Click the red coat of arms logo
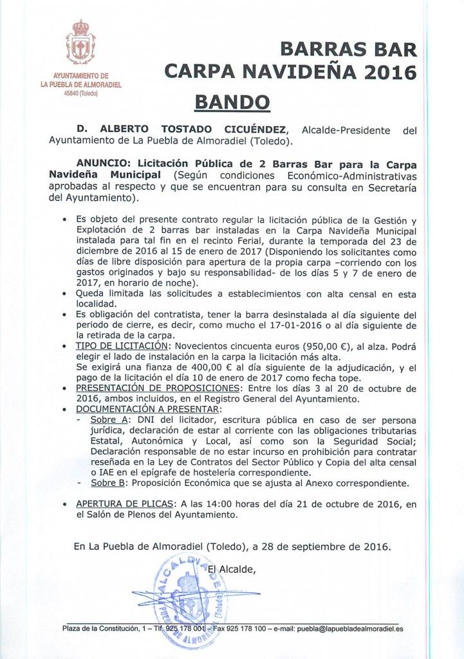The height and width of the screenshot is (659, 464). click(80, 43)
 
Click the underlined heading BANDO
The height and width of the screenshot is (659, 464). click(232, 102)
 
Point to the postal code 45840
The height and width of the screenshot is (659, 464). click(71, 93)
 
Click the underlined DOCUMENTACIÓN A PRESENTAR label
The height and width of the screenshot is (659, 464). click(149, 409)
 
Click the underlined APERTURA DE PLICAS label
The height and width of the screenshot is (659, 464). click(126, 504)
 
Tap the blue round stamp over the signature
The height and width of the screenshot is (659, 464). click(192, 599)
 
